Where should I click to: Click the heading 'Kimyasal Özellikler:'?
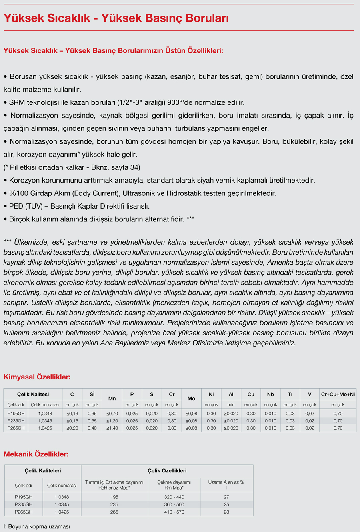(37, 377)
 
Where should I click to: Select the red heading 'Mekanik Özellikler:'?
(36, 454)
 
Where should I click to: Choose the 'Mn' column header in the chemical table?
(112, 399)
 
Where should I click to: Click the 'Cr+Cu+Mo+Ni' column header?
(338, 395)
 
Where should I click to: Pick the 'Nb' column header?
(270, 395)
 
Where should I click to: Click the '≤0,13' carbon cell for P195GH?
(72, 414)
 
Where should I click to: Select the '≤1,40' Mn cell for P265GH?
(112, 428)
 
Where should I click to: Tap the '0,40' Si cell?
(92, 428)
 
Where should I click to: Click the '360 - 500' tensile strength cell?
(174, 504)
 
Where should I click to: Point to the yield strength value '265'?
(114, 512)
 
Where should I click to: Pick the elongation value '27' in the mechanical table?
(226, 497)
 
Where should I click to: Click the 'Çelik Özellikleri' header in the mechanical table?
(167, 471)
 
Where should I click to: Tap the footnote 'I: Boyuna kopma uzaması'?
(37, 526)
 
